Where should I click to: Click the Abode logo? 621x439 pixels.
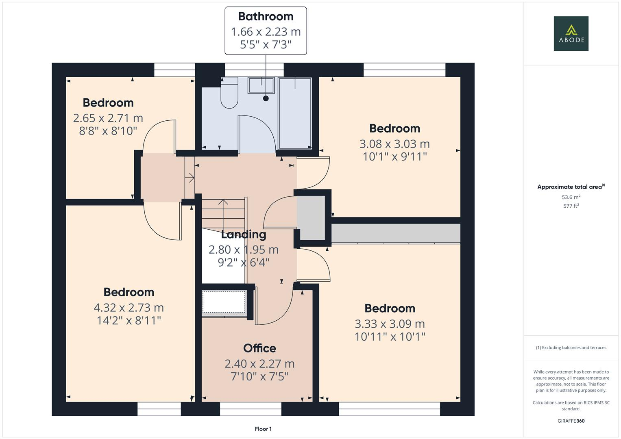[x=571, y=33]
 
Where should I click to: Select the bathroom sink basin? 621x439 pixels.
[x=261, y=85]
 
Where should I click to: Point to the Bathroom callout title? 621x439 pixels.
[x=266, y=16]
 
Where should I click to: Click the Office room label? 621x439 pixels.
[x=259, y=348]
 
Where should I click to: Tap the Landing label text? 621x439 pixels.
[x=243, y=235]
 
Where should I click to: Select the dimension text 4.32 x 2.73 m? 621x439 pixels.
[x=129, y=308]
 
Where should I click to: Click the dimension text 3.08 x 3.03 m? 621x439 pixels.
[x=394, y=144]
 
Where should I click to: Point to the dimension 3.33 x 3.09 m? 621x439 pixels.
[x=390, y=324]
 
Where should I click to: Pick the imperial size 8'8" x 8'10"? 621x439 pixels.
[x=108, y=131]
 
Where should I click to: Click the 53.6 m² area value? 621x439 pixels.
[x=571, y=197]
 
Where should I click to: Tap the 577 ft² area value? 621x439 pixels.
[x=571, y=206]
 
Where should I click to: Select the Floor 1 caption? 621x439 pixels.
[x=263, y=429]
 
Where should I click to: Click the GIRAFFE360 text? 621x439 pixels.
[x=571, y=421]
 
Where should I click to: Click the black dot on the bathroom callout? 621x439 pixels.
[x=266, y=98]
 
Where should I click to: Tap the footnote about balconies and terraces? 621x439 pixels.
[x=571, y=348]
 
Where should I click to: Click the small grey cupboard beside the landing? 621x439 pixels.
[x=311, y=218]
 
